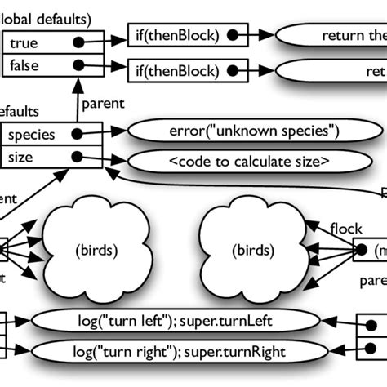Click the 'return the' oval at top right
tap(335, 35)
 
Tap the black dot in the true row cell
tap(78, 42)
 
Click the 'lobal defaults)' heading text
tap(46, 16)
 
